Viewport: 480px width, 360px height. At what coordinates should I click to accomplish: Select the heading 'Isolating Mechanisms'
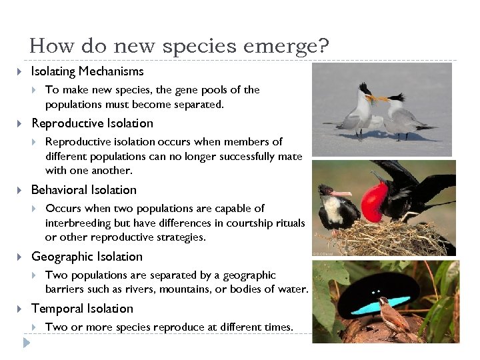pyautogui.click(x=87, y=71)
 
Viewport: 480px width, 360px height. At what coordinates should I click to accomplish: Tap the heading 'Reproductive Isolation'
pyautogui.click(x=92, y=123)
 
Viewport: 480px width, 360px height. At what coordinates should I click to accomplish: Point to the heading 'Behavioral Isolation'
pyautogui.click(x=83, y=190)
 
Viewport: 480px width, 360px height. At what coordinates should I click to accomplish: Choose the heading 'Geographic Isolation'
pyautogui.click(x=87, y=257)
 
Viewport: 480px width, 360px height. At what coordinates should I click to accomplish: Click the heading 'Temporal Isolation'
pyautogui.click(x=82, y=309)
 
